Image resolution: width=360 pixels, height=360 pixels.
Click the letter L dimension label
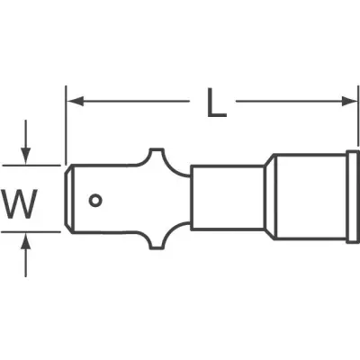click(217, 103)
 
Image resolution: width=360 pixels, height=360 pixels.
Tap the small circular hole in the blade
click(95, 201)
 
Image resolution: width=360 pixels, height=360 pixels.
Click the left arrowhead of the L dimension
click(75, 102)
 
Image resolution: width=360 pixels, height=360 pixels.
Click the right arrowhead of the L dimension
click(350, 102)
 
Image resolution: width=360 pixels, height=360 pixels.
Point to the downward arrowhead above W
click(26, 156)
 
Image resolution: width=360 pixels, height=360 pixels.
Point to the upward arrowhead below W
click(26, 241)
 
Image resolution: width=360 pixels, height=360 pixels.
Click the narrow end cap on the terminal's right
click(353, 197)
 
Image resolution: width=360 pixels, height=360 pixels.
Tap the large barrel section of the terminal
click(310, 197)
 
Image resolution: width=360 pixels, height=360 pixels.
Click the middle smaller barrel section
click(228, 197)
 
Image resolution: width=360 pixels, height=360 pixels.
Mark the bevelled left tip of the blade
click(68, 198)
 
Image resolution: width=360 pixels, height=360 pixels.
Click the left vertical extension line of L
click(66, 125)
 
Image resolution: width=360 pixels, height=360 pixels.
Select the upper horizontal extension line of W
click(31, 165)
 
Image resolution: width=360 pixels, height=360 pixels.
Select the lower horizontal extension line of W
click(31, 231)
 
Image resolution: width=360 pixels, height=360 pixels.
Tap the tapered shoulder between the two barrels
click(269, 197)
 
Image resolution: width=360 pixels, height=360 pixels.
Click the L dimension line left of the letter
click(129, 102)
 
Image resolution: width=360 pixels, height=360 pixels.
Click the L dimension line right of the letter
click(297, 102)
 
